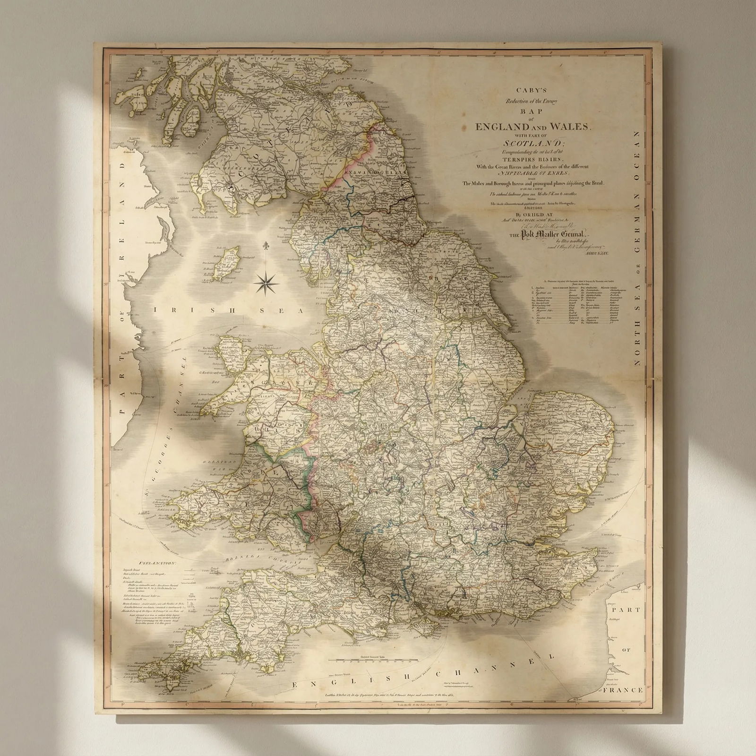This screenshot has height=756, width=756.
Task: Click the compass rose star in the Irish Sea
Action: pos(266,283)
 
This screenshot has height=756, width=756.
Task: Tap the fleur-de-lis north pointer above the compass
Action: pos(266,247)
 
